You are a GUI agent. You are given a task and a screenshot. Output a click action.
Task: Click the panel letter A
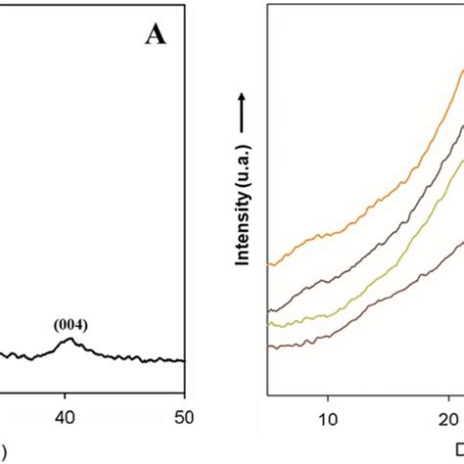point(156,35)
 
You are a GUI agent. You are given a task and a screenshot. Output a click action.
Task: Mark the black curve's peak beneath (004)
point(68,340)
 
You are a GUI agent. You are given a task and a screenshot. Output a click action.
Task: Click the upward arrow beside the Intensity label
point(241,108)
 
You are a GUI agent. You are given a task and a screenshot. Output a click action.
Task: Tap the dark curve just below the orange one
point(372,246)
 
